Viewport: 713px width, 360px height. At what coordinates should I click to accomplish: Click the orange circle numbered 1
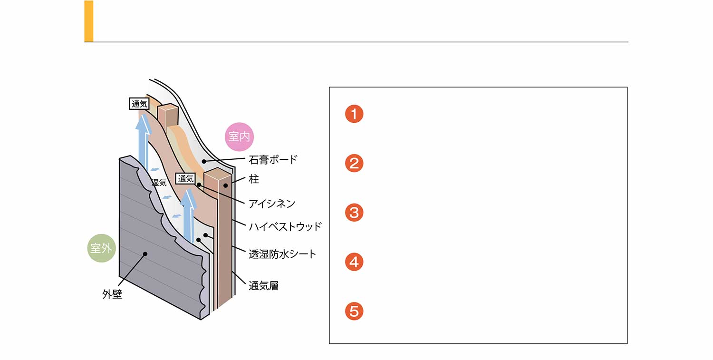354,114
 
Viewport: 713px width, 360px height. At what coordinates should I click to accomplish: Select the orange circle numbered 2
354,163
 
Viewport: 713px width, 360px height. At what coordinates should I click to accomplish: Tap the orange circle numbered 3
354,213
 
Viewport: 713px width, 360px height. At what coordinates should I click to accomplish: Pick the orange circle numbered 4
354,262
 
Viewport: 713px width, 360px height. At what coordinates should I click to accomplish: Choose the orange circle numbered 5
354,311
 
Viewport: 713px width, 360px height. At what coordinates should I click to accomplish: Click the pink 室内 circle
239,137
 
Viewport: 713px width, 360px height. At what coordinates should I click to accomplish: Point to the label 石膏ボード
273,159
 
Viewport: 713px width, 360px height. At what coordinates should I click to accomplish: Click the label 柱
254,180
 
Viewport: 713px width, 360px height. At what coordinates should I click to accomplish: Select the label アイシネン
272,204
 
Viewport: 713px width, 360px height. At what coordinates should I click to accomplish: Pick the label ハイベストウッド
285,226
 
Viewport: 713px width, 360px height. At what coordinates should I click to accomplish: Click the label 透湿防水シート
282,254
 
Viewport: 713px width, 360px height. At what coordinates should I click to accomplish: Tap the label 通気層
263,286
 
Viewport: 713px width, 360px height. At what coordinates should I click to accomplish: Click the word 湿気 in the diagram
159,183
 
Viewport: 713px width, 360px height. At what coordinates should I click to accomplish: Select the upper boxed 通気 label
139,104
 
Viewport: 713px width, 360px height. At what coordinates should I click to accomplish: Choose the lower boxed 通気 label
185,179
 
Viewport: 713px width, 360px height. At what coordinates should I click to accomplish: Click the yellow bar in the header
89,21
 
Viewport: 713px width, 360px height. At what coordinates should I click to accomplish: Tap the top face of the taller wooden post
218,174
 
